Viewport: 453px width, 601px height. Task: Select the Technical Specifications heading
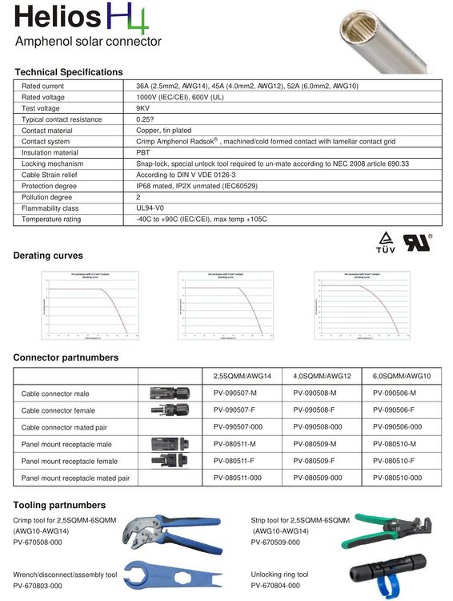pyautogui.click(x=69, y=72)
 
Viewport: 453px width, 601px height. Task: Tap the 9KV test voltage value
pyautogui.click(x=143, y=108)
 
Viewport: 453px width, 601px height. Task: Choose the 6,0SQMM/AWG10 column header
pyautogui.click(x=402, y=376)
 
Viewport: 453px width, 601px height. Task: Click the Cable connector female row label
pyautogui.click(x=58, y=410)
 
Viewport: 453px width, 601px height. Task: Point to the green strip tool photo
pyautogui.click(x=393, y=531)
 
